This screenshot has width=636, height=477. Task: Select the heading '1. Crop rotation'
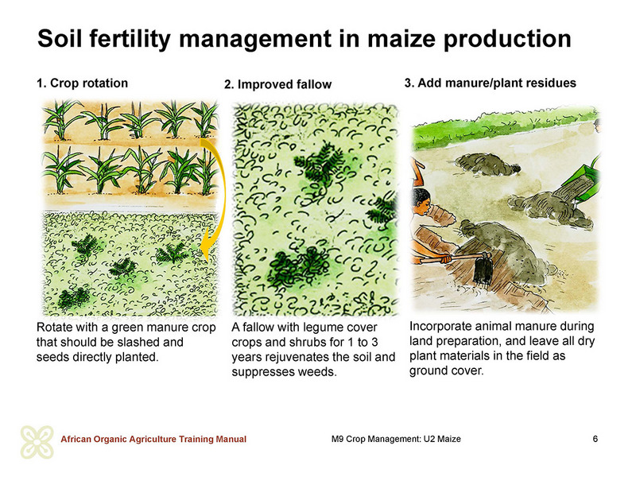(x=83, y=83)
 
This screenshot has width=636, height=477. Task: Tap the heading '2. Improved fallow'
(x=277, y=84)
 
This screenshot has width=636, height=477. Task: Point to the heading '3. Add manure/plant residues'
(x=491, y=83)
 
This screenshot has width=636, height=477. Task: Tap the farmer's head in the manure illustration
(x=421, y=201)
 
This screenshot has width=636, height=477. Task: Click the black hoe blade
(x=483, y=270)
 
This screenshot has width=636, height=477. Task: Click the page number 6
(x=595, y=439)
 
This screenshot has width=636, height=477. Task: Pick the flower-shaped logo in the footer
(x=37, y=442)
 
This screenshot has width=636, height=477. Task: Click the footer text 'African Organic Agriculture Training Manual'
(x=153, y=440)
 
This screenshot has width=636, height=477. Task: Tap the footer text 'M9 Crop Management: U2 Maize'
(x=396, y=439)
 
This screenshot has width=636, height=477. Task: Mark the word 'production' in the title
(x=507, y=39)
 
